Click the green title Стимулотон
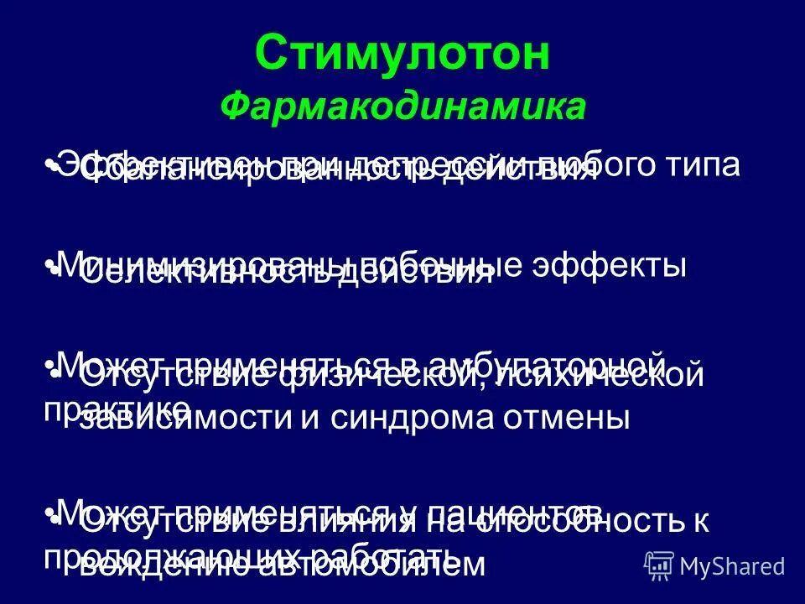[402, 55]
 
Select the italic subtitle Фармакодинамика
[402, 107]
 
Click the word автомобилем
[353, 564]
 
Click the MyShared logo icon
[660, 565]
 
